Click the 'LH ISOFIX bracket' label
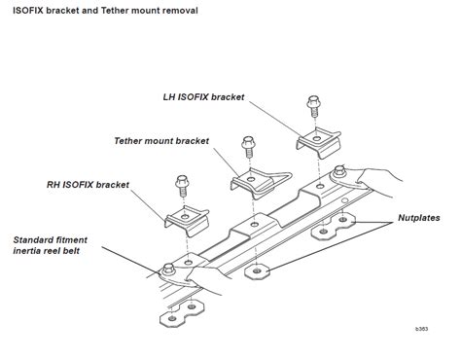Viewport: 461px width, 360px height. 203,97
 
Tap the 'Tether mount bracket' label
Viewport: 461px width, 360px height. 161,141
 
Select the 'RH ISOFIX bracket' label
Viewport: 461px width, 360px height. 88,185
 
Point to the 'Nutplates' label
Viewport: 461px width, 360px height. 419,218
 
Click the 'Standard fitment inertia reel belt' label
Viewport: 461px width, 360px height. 50,245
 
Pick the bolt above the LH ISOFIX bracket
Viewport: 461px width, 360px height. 313,106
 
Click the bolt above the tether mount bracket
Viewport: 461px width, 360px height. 248,147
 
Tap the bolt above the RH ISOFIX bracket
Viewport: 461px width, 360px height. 183,186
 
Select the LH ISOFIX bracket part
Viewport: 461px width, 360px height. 318,142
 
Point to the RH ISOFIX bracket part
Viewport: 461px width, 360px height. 187,221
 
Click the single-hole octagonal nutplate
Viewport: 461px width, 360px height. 257,270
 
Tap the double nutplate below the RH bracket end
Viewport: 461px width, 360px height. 182,312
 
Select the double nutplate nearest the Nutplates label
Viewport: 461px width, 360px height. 333,226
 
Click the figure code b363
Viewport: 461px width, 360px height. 421,329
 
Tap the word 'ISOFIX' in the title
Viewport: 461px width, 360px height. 28,11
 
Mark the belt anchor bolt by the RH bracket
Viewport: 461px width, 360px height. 168,269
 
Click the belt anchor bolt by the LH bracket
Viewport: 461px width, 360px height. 339,170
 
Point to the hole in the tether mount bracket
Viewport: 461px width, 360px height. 250,179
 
